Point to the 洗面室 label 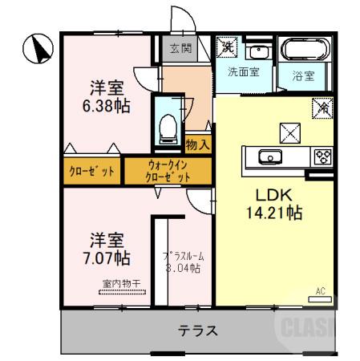tap(242, 72)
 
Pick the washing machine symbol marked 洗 tap(226, 45)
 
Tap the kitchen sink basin tap(269, 156)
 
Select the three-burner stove tap(324, 156)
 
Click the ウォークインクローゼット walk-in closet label tap(168, 171)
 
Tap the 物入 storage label tap(198, 144)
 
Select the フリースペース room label tap(183, 262)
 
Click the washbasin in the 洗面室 tap(260, 53)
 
